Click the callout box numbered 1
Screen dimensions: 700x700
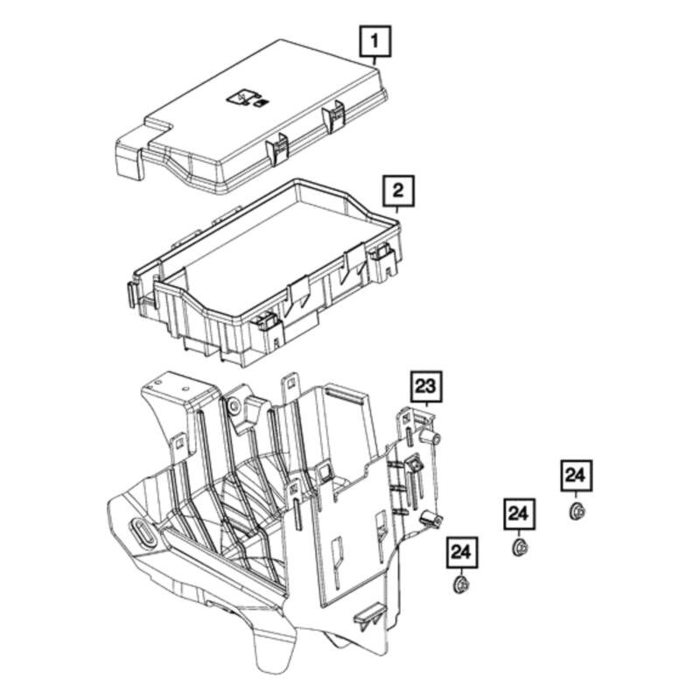pyautogui.click(x=376, y=41)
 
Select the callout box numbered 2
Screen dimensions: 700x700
pyautogui.click(x=398, y=190)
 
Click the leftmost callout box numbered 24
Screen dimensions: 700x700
pyautogui.click(x=461, y=553)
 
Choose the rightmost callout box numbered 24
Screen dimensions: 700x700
pyautogui.click(x=576, y=475)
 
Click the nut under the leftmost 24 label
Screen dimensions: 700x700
pyautogui.click(x=460, y=584)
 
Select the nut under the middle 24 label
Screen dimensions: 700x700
pyautogui.click(x=518, y=548)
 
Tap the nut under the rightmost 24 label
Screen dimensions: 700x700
pyautogui.click(x=576, y=511)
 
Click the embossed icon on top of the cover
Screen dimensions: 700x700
pyautogui.click(x=245, y=99)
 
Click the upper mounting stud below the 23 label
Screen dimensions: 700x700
pyautogui.click(x=429, y=437)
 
